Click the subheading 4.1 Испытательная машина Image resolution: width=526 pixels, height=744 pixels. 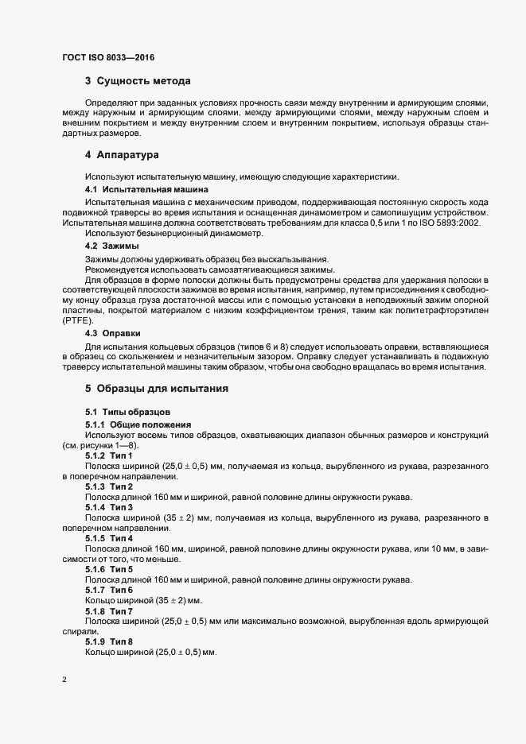click(x=135, y=190)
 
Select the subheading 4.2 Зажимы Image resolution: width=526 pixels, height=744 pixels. click(x=112, y=246)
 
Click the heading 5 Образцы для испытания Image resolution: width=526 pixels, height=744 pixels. click(x=157, y=389)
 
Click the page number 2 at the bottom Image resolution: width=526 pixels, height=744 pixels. click(x=64, y=680)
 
